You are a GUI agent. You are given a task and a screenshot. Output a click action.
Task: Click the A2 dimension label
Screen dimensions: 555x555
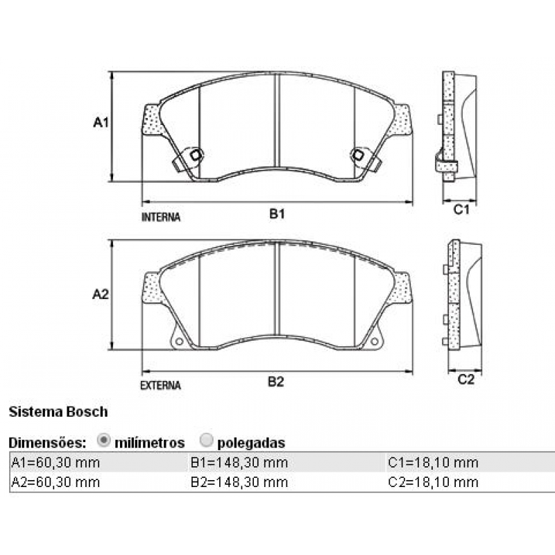click(101, 294)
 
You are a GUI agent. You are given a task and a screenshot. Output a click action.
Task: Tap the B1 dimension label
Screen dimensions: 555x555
click(277, 214)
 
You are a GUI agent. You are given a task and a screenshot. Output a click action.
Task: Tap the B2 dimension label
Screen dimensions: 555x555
click(277, 382)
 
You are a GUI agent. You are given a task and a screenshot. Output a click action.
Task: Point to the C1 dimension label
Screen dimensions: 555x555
click(463, 208)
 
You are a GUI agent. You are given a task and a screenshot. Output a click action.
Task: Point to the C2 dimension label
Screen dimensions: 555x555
click(466, 379)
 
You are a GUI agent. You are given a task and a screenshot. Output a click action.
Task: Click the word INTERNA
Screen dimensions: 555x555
click(161, 217)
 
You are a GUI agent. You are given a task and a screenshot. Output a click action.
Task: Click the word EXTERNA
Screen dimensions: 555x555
click(160, 385)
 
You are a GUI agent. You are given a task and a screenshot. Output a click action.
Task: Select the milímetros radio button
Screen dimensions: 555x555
click(104, 440)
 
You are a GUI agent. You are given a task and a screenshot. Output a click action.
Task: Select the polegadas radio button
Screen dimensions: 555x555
click(206, 440)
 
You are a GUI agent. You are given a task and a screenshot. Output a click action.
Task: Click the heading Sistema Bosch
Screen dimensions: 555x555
click(58, 411)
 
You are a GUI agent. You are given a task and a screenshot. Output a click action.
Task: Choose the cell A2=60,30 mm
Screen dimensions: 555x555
click(55, 481)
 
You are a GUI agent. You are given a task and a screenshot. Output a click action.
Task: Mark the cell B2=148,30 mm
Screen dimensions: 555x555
click(239, 481)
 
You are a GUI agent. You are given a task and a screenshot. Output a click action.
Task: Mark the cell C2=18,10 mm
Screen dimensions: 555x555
click(433, 481)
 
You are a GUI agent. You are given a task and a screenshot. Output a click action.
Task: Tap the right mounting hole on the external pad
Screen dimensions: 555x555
click(375, 342)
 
